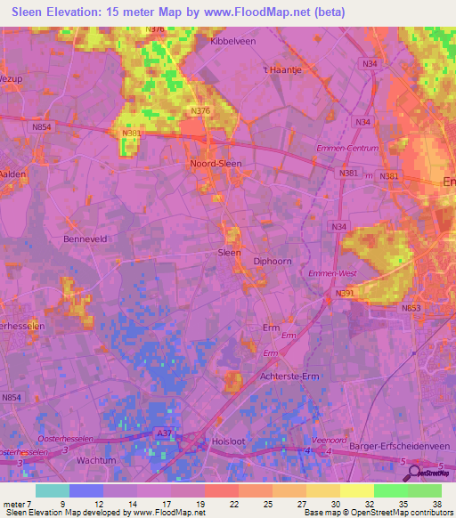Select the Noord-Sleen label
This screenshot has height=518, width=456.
[x=216, y=164]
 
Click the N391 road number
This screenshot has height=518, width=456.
[x=346, y=293]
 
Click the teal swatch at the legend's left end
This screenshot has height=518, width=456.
[x=53, y=490]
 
